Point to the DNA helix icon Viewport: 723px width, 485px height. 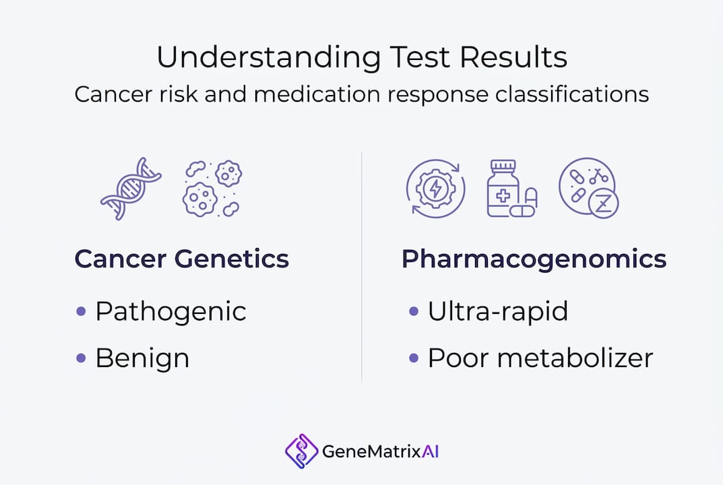click(x=131, y=189)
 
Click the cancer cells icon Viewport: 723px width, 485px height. click(x=212, y=189)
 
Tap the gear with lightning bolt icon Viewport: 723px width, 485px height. click(x=435, y=188)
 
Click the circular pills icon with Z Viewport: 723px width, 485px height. click(x=588, y=188)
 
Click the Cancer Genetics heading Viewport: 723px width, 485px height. click(x=181, y=259)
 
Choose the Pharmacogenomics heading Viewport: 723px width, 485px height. click(x=534, y=259)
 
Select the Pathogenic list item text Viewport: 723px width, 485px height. click(x=170, y=311)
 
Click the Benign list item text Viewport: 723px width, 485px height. click(x=142, y=358)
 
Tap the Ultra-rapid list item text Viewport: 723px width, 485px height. click(x=498, y=311)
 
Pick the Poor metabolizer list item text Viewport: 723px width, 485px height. click(x=540, y=358)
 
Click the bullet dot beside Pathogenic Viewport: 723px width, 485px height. click(x=82, y=311)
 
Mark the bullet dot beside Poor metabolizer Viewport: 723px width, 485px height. click(x=414, y=358)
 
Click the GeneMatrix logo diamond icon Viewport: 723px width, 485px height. click(x=301, y=451)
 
